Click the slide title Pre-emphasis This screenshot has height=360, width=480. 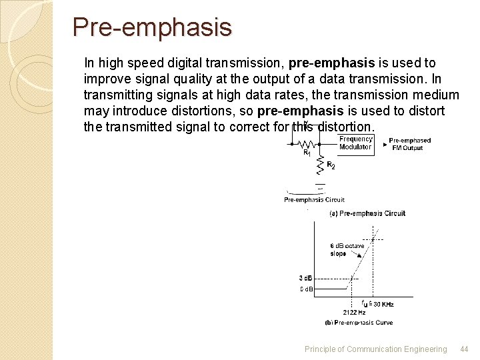pyautogui.click(x=152, y=27)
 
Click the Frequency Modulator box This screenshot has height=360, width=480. pyautogui.click(x=355, y=143)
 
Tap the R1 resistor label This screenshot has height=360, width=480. pyautogui.click(x=307, y=153)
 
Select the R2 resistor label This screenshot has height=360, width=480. pyautogui.click(x=331, y=166)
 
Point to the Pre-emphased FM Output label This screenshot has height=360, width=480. pyautogui.click(x=409, y=144)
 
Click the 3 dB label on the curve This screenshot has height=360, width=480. pyautogui.click(x=306, y=278)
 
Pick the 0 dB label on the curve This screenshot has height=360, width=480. pyautogui.click(x=306, y=289)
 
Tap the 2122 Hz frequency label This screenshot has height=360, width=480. pyautogui.click(x=354, y=312)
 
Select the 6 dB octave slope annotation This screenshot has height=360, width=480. pyautogui.click(x=347, y=249)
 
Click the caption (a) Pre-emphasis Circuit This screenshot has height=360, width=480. pyautogui.click(x=367, y=213)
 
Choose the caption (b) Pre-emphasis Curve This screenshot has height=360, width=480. pyautogui.click(x=359, y=323)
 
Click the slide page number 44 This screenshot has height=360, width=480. pyautogui.click(x=464, y=349)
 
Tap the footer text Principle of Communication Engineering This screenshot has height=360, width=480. pyautogui.click(x=375, y=349)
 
